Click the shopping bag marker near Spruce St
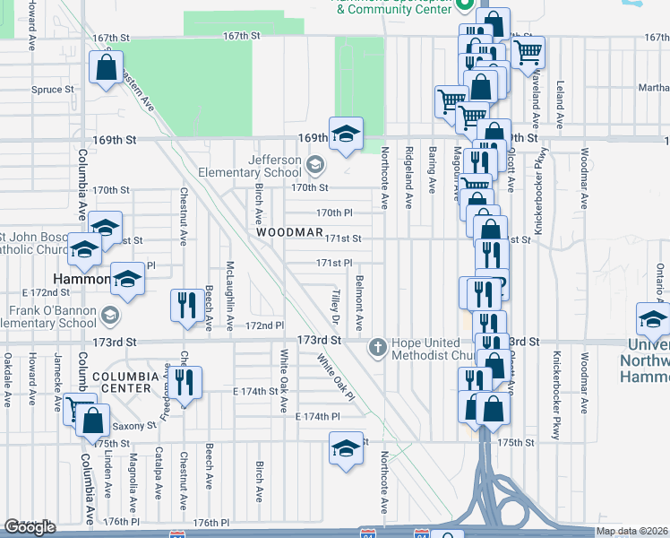click(106, 67)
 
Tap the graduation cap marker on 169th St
click(344, 134)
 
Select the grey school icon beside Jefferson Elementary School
click(314, 165)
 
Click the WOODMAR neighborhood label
click(288, 232)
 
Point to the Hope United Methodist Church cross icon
click(378, 346)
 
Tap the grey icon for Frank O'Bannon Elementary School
click(109, 315)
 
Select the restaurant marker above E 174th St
click(186, 383)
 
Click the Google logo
click(30, 527)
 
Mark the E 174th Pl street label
click(318, 418)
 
